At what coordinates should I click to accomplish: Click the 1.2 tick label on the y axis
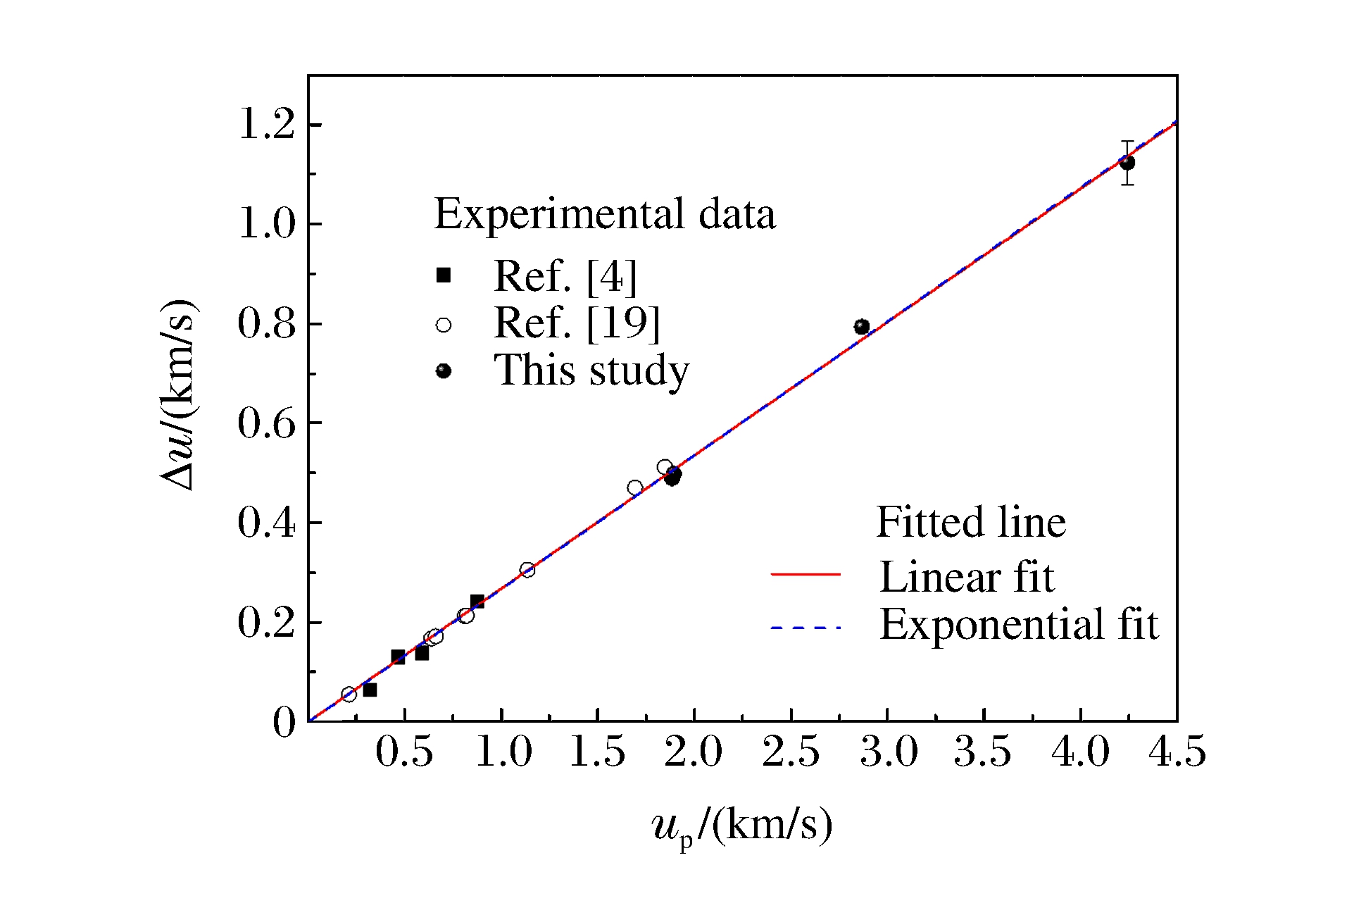coord(267,125)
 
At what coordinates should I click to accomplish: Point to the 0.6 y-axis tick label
coord(266,424)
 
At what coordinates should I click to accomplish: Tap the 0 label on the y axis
coord(284,723)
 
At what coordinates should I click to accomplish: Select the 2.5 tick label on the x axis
coord(791,752)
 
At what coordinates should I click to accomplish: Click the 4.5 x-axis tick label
coord(1177,752)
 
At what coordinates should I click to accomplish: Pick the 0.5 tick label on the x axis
coord(404,752)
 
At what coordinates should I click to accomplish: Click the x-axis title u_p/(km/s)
coord(742,826)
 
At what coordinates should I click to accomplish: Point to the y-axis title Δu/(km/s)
coord(177,395)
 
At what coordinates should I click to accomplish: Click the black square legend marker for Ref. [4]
coord(444,275)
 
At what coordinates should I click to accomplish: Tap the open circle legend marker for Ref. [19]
coord(444,325)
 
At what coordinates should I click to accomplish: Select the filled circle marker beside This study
coord(444,371)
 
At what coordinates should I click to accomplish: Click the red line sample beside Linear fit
coord(806,575)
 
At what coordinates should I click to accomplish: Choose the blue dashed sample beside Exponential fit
coord(806,627)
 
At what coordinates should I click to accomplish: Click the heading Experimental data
coord(605,214)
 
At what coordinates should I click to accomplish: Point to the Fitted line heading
coord(971,523)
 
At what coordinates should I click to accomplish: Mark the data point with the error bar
coord(1127,163)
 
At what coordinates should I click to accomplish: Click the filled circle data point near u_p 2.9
coord(862,327)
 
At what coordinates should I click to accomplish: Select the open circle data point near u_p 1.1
coord(527,570)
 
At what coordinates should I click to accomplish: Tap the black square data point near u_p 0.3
coord(370,690)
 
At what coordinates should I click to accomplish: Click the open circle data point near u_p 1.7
coord(634,487)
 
